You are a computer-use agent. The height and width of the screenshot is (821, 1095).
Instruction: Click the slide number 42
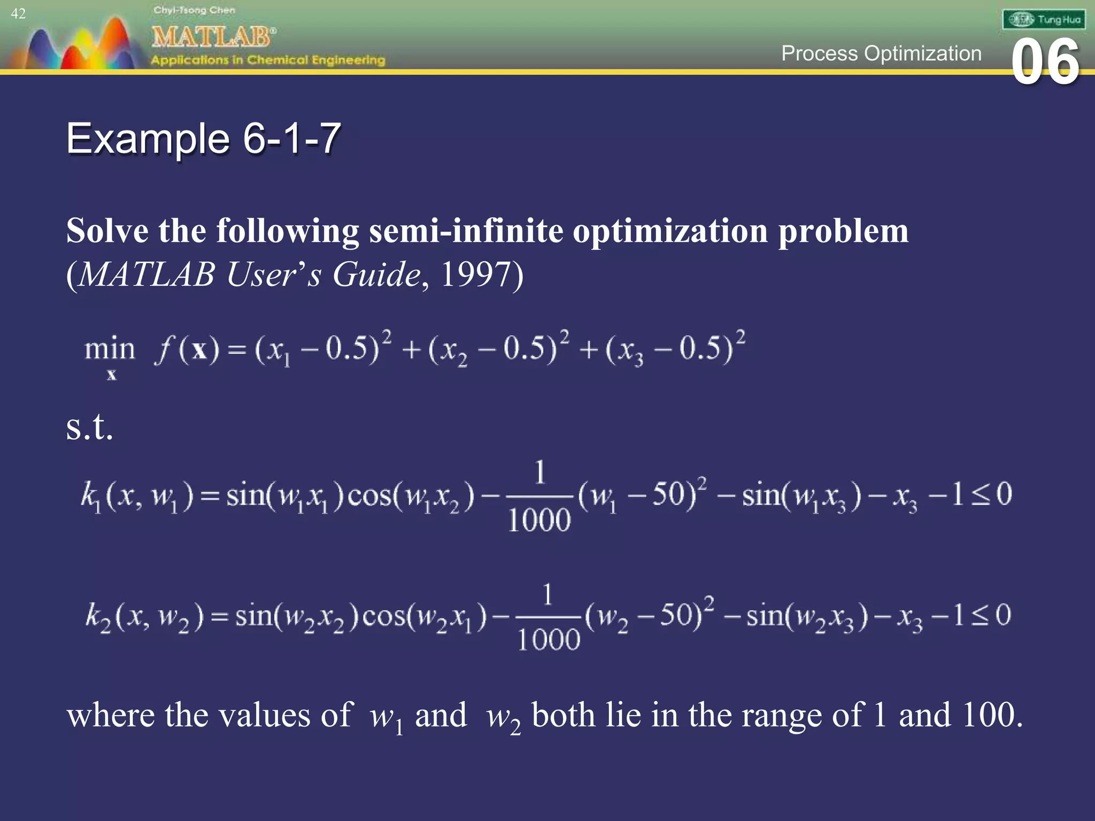click(18, 14)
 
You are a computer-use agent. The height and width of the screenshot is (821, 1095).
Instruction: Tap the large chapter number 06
click(1045, 63)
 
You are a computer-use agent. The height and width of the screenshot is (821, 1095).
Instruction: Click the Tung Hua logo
click(1044, 20)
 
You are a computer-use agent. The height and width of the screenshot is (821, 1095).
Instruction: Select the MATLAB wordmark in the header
click(213, 37)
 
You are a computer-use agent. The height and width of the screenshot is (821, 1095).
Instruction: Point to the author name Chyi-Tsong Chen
click(194, 10)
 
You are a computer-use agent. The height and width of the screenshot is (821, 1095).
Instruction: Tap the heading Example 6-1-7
click(203, 138)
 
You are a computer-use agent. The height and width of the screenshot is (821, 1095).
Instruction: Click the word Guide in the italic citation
click(376, 275)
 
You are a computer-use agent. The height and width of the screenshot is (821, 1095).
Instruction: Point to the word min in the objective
click(110, 350)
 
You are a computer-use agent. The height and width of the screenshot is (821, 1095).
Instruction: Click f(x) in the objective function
click(187, 350)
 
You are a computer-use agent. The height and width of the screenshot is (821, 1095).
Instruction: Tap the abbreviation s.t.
click(89, 428)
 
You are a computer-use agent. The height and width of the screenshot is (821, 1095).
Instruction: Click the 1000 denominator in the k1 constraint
click(539, 520)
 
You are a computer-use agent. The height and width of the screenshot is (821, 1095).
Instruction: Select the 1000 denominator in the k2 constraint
click(548, 640)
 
